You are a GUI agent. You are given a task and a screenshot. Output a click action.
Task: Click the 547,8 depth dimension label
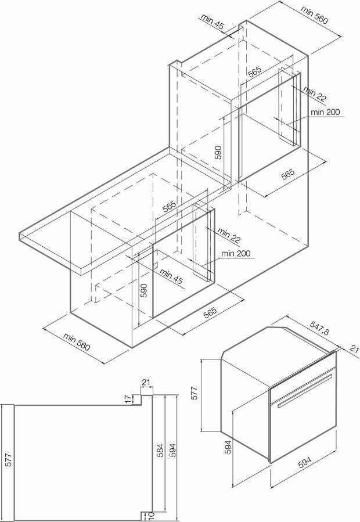[319, 328]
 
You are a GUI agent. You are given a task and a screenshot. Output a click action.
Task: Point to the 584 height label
[160, 450]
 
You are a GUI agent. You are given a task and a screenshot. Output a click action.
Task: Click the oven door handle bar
[305, 391]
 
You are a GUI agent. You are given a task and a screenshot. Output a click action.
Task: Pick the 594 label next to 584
[172, 450]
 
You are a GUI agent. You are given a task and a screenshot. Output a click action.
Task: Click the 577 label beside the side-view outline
[9, 459]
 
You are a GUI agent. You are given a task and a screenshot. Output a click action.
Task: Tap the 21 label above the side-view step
[146, 383]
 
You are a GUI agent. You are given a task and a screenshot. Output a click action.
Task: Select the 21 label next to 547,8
[355, 348]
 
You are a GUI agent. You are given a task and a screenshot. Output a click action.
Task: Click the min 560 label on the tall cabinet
[314, 15]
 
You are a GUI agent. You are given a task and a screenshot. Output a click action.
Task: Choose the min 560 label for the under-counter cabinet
[76, 342]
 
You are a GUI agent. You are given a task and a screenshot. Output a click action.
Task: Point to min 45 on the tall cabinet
[213, 22]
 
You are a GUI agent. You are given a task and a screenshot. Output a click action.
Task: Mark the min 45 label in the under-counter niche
[171, 276]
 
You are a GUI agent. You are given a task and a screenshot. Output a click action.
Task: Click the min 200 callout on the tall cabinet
[325, 112]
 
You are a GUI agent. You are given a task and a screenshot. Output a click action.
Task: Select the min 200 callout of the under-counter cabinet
[236, 253]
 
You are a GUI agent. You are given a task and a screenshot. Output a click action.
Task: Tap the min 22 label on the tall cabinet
[315, 95]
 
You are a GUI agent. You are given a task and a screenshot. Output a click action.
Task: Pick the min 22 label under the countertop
[229, 235]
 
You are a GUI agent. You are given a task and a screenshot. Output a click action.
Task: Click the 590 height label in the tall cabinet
[218, 152]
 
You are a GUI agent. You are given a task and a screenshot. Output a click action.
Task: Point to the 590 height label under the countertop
[143, 291]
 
